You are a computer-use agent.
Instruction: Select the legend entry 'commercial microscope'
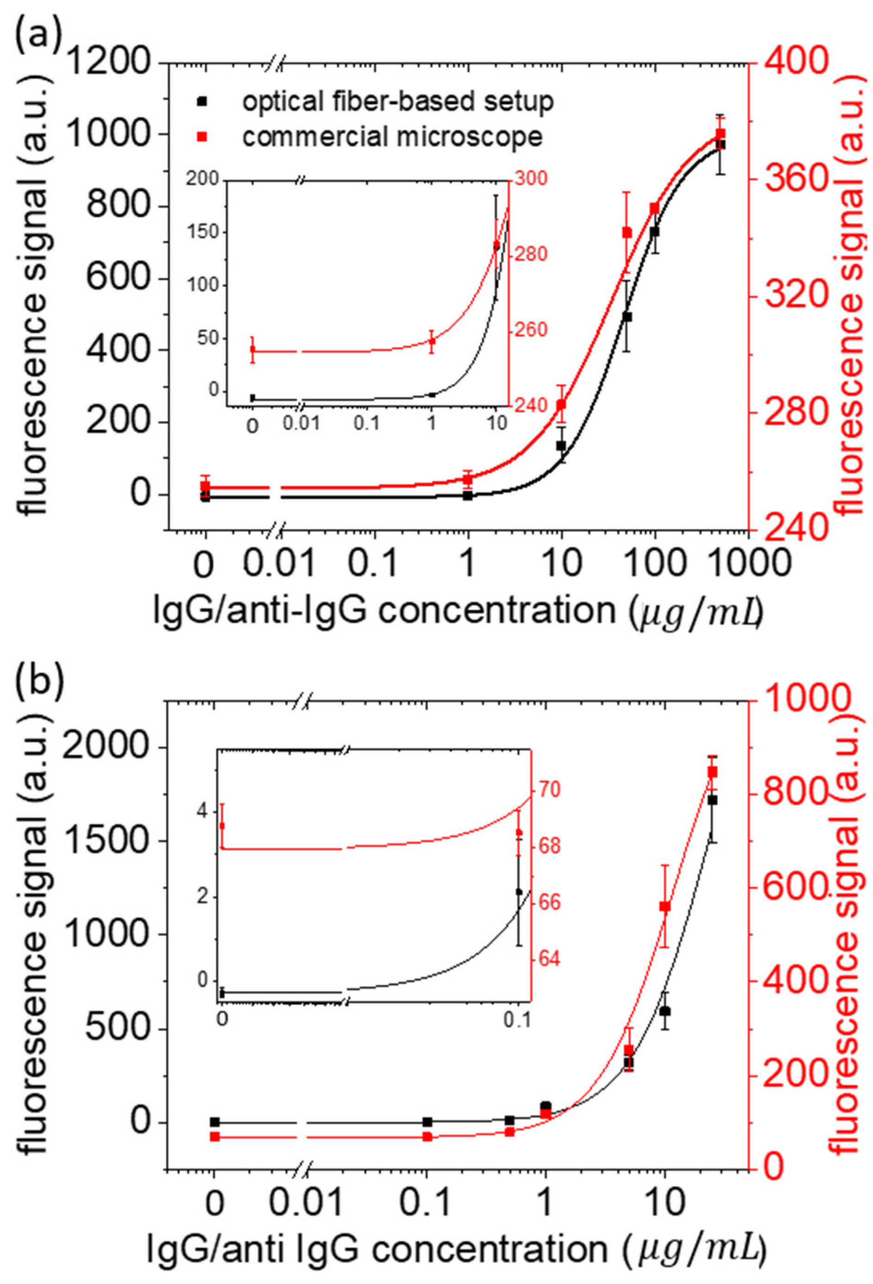pos(392,136)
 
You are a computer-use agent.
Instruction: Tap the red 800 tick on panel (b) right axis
pos(802,794)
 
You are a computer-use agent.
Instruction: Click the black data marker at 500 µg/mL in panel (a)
pos(720,144)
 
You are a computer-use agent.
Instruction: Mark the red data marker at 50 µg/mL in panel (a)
pos(627,232)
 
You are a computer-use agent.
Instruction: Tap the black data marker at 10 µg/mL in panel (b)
pos(665,1011)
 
